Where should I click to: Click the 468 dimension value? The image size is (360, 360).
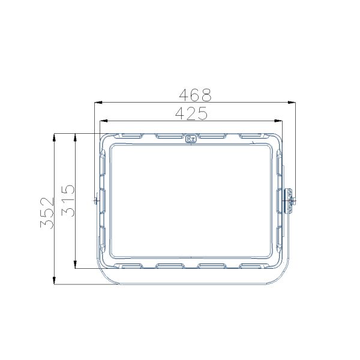tap(196, 95)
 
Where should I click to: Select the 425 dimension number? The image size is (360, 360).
tap(191, 112)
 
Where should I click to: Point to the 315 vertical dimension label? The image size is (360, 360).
tap(67, 200)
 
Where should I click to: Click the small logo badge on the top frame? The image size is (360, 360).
tap(191, 137)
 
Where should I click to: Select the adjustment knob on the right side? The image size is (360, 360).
tap(290, 200)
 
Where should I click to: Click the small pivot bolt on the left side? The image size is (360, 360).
tap(95, 200)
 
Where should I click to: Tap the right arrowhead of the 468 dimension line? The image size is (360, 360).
tap(293, 103)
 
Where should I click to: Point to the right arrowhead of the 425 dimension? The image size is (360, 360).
tap(281, 120)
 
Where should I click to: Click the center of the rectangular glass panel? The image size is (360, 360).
tap(191, 200)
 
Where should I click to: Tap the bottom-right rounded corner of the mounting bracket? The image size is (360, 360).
tap(278, 279)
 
